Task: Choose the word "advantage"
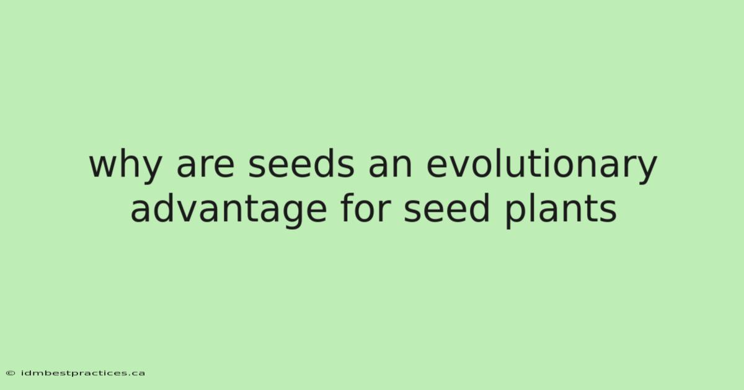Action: tap(229, 210)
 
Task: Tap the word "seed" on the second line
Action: tap(447, 207)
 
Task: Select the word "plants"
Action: tap(560, 210)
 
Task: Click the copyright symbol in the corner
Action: tap(11, 373)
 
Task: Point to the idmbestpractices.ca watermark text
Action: tap(83, 373)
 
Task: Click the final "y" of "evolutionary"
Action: tap(645, 170)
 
